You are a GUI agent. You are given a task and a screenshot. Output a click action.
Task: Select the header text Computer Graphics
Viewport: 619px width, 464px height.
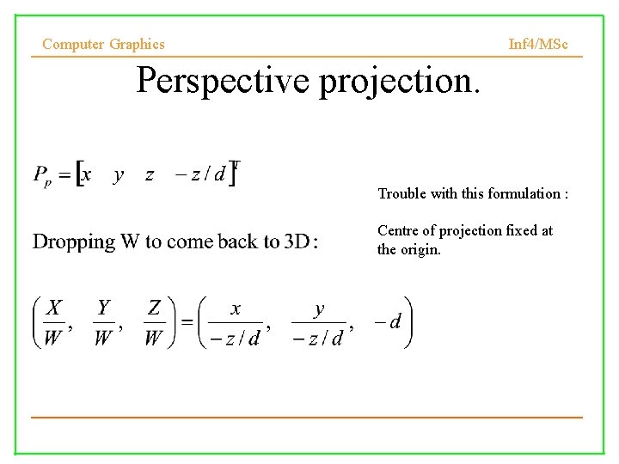(x=103, y=44)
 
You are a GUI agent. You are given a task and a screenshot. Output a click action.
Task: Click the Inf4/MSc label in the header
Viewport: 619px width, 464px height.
(x=538, y=44)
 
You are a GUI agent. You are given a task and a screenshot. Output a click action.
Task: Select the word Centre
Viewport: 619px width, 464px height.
(x=398, y=230)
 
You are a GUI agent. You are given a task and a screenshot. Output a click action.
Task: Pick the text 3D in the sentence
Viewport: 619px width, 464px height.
(x=297, y=241)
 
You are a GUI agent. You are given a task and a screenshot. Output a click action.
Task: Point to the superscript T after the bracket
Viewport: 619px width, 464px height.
(x=236, y=164)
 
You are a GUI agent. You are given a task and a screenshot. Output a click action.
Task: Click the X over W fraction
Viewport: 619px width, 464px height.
(x=54, y=322)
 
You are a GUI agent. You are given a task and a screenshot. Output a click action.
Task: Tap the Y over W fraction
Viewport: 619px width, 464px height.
(x=103, y=322)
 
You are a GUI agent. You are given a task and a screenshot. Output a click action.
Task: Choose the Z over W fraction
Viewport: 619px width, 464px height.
(x=154, y=322)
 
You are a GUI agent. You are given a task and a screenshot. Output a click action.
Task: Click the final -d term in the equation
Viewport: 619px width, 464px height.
(x=388, y=322)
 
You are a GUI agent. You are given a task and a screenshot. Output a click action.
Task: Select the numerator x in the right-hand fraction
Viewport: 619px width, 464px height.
(x=236, y=309)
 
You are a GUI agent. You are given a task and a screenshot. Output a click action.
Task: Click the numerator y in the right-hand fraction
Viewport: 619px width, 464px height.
(x=319, y=309)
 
